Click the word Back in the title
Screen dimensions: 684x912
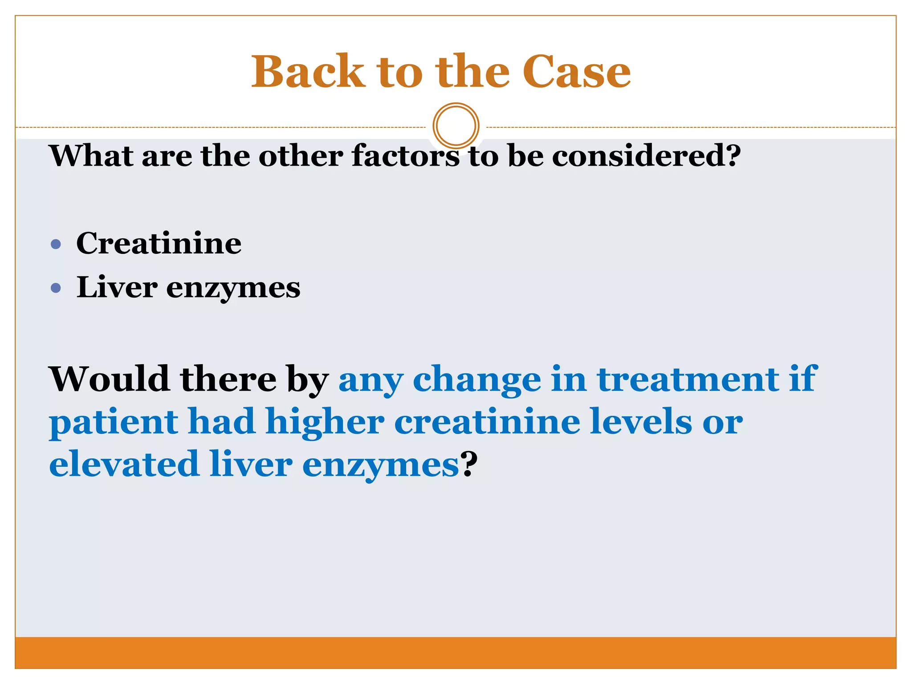(x=308, y=72)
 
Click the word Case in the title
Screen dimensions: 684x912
(x=576, y=72)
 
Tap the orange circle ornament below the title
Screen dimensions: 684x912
(x=456, y=126)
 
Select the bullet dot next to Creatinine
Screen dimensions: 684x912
(x=56, y=244)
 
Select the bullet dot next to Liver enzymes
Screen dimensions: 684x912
(x=56, y=288)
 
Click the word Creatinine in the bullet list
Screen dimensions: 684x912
(x=159, y=244)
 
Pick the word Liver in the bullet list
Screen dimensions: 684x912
(x=117, y=287)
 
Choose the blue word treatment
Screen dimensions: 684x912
(x=688, y=379)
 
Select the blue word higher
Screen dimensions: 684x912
(x=325, y=422)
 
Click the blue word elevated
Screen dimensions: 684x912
(x=124, y=464)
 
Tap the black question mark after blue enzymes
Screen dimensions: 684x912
(x=468, y=464)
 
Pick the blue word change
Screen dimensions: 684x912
(x=477, y=380)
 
